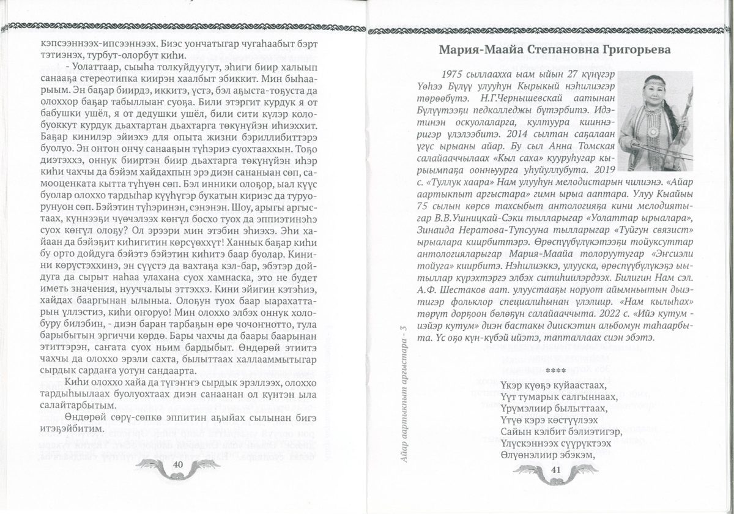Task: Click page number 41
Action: tap(556, 469)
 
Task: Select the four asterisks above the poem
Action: tap(556, 371)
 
